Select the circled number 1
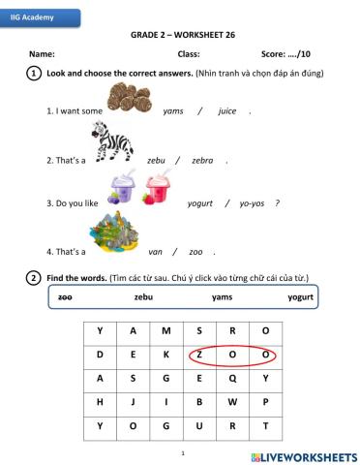click(x=34, y=74)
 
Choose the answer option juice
click(x=227, y=111)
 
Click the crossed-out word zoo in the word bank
click(x=66, y=297)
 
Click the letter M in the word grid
click(x=166, y=330)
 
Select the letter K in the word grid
click(x=166, y=355)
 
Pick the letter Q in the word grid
click(x=233, y=378)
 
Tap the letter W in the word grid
click(x=233, y=402)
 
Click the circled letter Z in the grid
click(x=200, y=355)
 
